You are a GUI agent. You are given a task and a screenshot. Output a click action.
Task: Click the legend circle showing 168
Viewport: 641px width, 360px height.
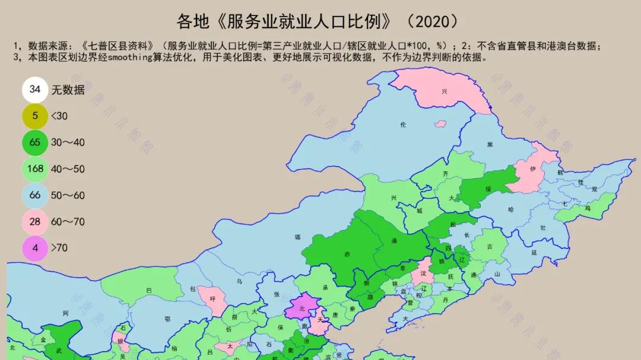click(x=36, y=168)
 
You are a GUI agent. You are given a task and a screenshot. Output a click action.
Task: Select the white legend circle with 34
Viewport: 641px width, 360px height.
click(x=36, y=90)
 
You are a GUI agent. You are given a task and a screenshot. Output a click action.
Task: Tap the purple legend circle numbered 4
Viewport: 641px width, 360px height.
click(x=36, y=248)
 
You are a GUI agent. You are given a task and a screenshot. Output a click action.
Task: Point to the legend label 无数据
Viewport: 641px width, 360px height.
click(x=68, y=90)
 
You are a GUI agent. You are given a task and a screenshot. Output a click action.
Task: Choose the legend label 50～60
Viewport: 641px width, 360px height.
click(x=68, y=195)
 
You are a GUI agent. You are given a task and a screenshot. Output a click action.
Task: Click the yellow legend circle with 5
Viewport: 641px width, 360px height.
click(x=36, y=116)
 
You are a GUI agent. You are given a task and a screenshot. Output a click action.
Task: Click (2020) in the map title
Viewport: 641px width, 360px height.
click(x=433, y=22)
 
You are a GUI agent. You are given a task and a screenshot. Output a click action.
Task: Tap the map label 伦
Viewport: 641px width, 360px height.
click(x=404, y=125)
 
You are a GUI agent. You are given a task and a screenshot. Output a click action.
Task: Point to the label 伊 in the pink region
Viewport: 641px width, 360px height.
click(x=533, y=170)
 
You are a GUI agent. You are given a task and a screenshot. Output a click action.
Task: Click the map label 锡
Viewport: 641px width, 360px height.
click(x=297, y=237)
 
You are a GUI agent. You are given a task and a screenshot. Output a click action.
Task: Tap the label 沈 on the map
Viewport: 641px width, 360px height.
click(x=423, y=273)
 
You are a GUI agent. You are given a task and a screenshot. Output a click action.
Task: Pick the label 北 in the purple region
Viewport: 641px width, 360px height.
click(x=302, y=308)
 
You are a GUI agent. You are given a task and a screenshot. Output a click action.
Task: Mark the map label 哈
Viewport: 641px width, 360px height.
click(x=511, y=209)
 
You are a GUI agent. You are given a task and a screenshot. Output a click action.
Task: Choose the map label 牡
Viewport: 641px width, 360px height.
click(x=542, y=228)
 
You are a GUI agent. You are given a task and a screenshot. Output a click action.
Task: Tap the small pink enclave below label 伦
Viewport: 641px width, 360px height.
click(x=440, y=124)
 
